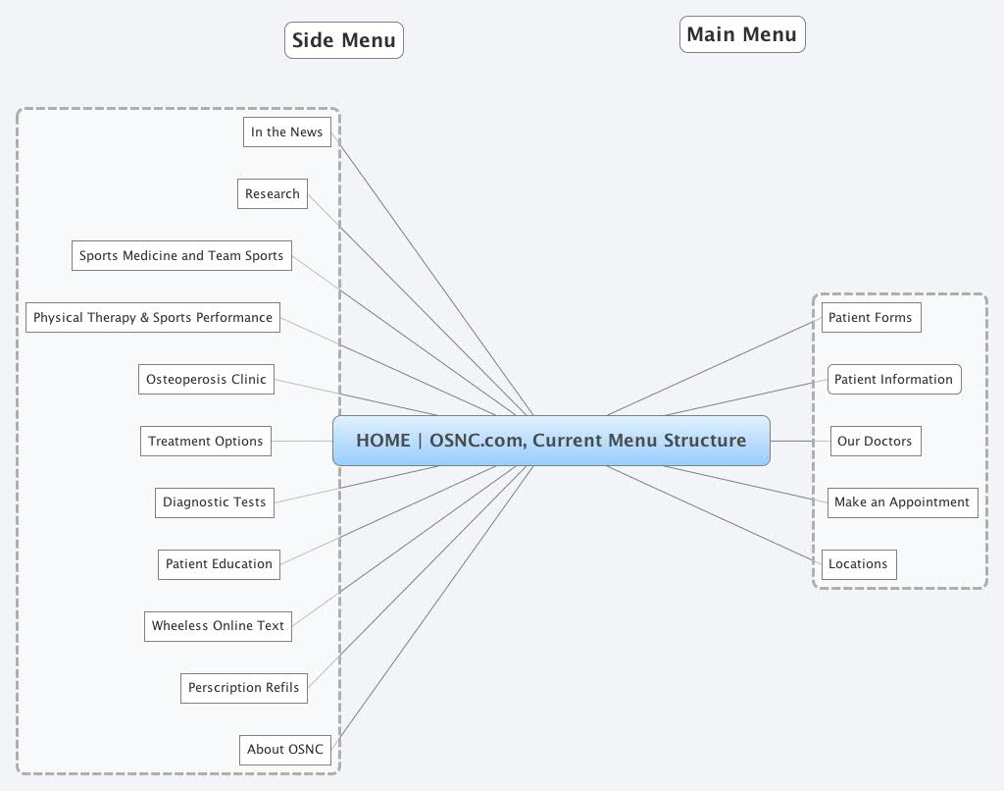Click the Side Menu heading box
(x=344, y=40)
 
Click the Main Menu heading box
(x=742, y=34)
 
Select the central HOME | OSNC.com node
(x=551, y=441)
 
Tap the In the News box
(x=286, y=132)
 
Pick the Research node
(x=273, y=193)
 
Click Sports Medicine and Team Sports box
(x=181, y=255)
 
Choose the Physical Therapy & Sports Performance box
(x=153, y=317)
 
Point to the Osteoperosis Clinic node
(x=206, y=379)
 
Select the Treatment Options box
(x=205, y=441)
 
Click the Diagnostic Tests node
(x=214, y=501)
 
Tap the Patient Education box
(x=219, y=563)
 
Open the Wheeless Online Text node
(x=218, y=625)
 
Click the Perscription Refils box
(x=243, y=687)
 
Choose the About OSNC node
(x=284, y=749)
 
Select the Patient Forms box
(x=870, y=317)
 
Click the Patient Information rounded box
(x=893, y=379)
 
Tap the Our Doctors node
(x=875, y=441)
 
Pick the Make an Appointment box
(x=901, y=501)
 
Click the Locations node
(x=858, y=563)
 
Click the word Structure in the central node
(x=705, y=441)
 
